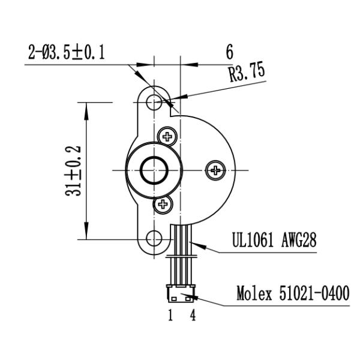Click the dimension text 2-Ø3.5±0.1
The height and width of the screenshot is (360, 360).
pos(67,53)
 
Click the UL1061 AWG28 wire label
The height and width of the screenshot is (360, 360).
pos(274,241)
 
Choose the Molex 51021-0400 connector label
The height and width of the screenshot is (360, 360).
pos(292,294)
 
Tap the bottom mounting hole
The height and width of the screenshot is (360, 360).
pos(155,238)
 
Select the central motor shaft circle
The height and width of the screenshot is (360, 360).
pos(154,170)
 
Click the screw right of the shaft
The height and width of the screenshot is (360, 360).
pos(215,170)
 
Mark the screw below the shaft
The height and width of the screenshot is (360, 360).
pos(162,205)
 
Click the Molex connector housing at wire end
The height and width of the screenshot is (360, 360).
pos(181,294)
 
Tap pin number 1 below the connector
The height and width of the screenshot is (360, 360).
pos(170,315)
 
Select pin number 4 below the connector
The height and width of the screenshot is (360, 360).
pos(193,315)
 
